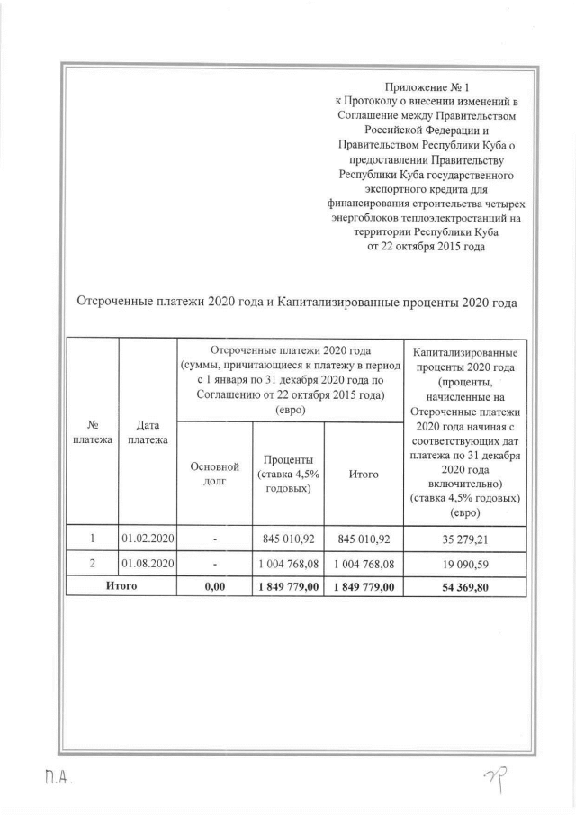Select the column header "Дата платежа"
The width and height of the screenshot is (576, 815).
click(x=148, y=431)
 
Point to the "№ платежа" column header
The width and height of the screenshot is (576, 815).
click(x=93, y=431)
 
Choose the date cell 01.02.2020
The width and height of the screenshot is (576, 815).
click(x=148, y=539)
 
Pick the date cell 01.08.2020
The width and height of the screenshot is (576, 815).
click(x=148, y=563)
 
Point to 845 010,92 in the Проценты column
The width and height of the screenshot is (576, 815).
click(x=285, y=539)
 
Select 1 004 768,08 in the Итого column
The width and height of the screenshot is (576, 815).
click(x=364, y=563)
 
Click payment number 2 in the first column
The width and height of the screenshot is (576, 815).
click(x=93, y=563)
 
